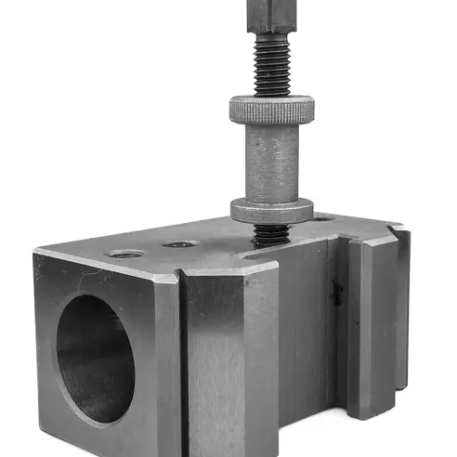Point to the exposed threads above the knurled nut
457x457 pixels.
click(269, 70)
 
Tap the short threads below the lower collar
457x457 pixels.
click(268, 234)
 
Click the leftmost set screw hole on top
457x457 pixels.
click(124, 253)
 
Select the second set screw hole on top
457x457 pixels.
click(179, 245)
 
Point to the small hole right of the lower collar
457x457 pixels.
click(321, 220)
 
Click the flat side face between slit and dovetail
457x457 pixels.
click(302, 344)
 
